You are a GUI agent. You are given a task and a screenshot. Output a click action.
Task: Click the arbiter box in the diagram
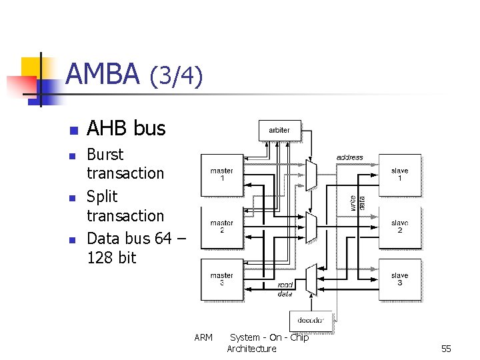pos(279,130)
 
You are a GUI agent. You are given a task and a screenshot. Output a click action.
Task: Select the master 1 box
pos(222,175)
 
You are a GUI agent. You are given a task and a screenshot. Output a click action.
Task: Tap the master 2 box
pos(222,227)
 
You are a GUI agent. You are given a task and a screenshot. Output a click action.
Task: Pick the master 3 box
pos(222,279)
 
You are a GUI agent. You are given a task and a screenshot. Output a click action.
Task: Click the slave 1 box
pos(400,175)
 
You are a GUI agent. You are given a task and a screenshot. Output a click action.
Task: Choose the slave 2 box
pos(400,227)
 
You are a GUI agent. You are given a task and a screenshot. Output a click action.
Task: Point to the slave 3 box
pos(400,279)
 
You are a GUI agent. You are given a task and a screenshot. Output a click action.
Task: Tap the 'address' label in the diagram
pos(349,158)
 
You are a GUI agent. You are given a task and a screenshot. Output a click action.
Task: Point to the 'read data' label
pos(285,288)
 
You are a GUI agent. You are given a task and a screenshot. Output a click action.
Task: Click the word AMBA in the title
pos(103,74)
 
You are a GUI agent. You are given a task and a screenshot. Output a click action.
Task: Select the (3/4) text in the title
pos(175,76)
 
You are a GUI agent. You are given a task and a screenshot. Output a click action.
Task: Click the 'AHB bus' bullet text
pos(126,128)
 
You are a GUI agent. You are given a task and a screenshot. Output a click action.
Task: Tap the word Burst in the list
pos(105,155)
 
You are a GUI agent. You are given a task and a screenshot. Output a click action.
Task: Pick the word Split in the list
pos(102,197)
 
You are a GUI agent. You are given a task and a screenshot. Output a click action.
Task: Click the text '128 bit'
pos(111,257)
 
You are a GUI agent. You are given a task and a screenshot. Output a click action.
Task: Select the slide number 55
pos(446,349)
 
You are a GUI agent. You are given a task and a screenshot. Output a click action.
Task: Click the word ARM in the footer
pos(203,337)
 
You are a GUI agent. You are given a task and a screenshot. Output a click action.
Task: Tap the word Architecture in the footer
pos(251,349)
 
